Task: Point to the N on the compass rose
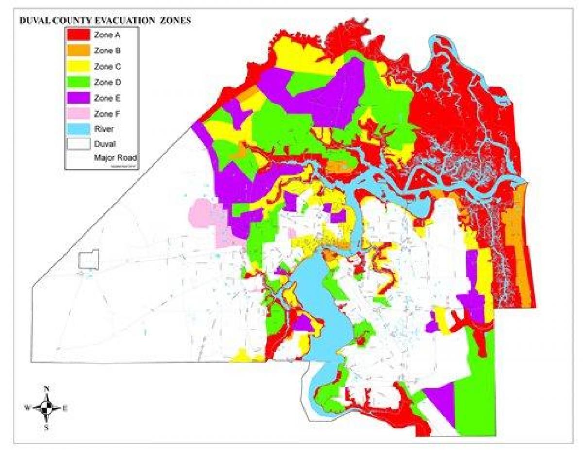[x=47, y=389]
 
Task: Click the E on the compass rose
[x=64, y=408]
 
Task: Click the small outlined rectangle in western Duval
[x=89, y=260]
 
